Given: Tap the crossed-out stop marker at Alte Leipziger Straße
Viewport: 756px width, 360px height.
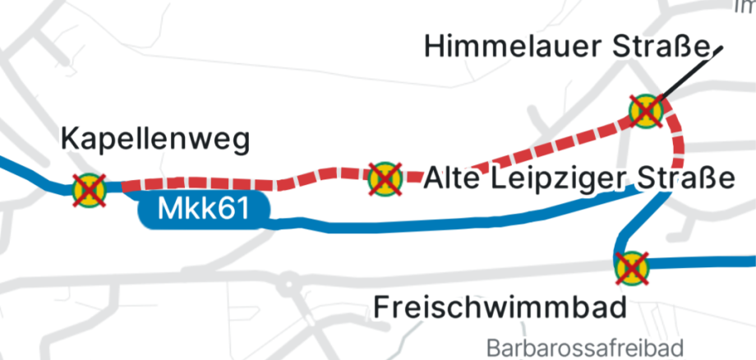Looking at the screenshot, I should [384, 176].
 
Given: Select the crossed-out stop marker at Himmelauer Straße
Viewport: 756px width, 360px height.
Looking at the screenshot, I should [645, 109].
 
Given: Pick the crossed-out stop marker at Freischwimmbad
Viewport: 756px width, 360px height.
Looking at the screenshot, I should [632, 267].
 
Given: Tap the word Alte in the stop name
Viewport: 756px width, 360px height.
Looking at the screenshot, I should [452, 178].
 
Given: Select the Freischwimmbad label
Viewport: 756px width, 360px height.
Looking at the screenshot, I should [500, 307].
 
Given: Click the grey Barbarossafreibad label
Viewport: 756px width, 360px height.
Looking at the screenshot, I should [584, 347].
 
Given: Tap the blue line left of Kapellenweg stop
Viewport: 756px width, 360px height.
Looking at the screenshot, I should [33, 173].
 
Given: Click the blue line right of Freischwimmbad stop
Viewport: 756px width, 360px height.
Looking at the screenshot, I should [707, 263].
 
